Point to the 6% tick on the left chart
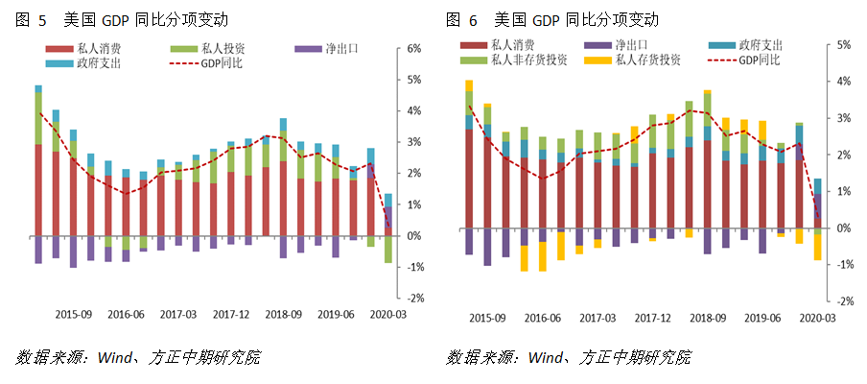coord(415,48)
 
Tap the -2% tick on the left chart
coord(415,299)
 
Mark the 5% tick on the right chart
coord(845,45)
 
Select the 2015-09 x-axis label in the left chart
coord(73,314)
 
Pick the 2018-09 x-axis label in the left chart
coord(284,314)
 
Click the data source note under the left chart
coord(138,357)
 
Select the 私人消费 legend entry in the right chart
coord(513,45)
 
